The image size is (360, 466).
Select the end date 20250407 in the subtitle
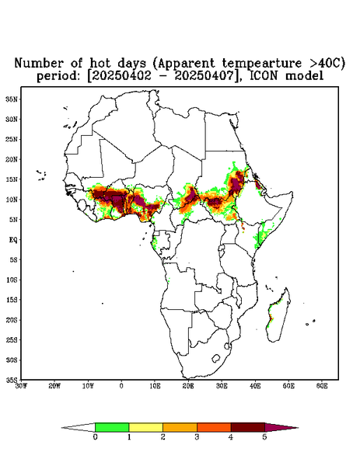[204, 76]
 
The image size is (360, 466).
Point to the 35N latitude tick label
[12, 99]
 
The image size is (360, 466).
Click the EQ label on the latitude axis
[13, 239]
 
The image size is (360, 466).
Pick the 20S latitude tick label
[12, 320]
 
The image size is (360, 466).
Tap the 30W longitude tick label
[21, 386]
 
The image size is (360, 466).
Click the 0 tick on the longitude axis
[121, 386]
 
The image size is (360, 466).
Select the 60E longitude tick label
[322, 386]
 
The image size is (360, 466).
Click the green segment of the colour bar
[112, 427]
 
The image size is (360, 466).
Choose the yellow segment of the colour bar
[145, 427]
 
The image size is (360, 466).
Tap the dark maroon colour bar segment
[248, 427]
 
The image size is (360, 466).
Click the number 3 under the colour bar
[197, 437]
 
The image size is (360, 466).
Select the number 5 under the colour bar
[264, 437]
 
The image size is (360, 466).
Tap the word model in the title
[304, 75]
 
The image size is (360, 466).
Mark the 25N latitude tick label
[12, 139]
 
